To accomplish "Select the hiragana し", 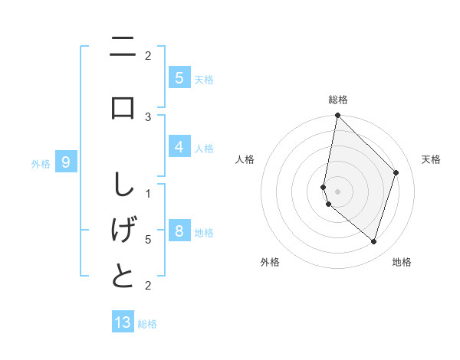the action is click(123, 186).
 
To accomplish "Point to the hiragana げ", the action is click(123, 231).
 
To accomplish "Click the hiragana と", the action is click(123, 277).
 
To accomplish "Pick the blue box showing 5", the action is click(179, 77).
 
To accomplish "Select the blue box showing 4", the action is click(179, 146).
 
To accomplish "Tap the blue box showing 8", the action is click(179, 231).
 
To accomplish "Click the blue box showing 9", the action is click(66, 162).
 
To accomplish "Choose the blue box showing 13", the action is click(123, 322).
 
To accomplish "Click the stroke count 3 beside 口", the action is click(148, 116).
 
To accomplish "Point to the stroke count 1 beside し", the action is click(148, 192).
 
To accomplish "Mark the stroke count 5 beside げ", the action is click(148, 240).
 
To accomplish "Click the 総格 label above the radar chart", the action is click(338, 100).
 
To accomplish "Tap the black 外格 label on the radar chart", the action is click(270, 262).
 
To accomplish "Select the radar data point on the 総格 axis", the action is click(337, 116).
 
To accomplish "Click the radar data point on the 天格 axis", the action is click(396, 172).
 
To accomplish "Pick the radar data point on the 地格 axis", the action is click(374, 242).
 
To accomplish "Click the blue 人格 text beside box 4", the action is click(204, 148).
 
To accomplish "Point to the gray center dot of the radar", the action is click(337, 190).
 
